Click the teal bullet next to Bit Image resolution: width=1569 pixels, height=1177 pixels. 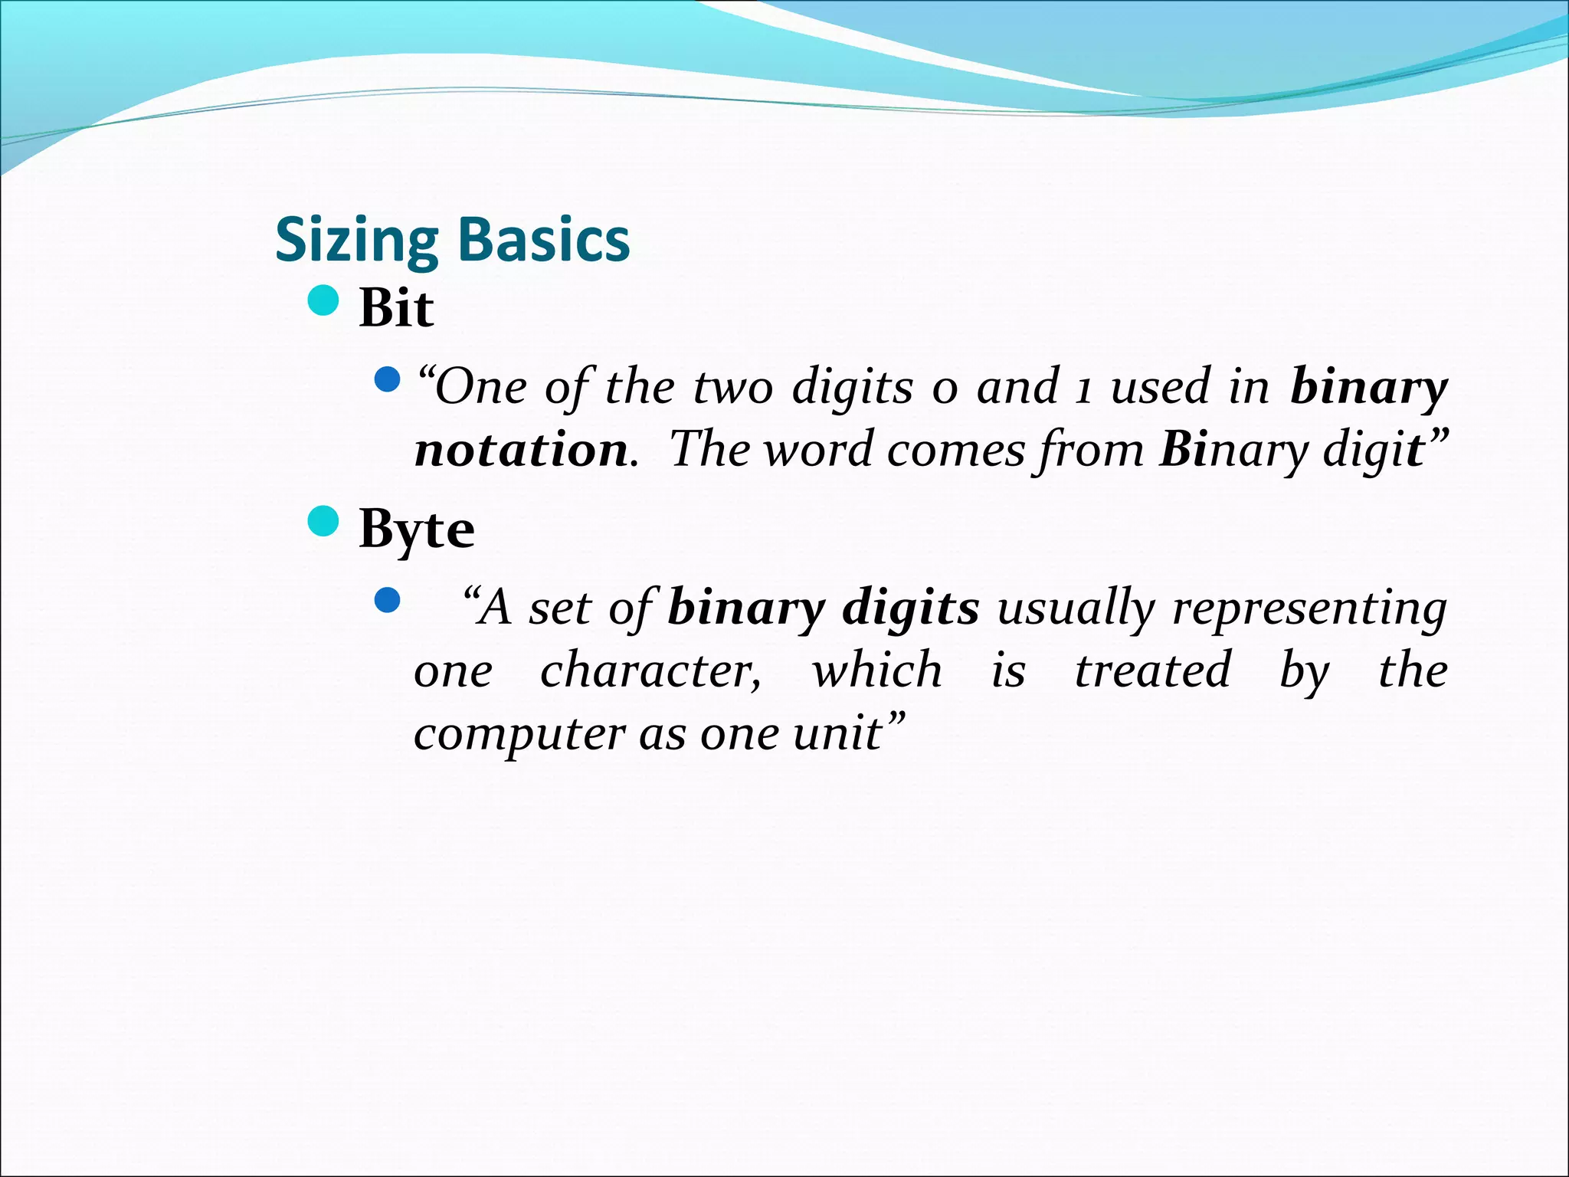coord(323,300)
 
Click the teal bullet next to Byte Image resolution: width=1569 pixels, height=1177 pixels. coord(323,522)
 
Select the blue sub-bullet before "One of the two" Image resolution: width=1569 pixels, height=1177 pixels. coord(388,379)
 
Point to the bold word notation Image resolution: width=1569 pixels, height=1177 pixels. coord(521,450)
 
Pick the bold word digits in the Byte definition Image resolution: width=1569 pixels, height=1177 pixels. coord(910,608)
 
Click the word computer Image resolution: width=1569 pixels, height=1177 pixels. coord(519,735)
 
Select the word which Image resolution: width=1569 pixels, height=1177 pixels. coord(876,670)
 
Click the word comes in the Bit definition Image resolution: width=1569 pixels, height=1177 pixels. coord(955,450)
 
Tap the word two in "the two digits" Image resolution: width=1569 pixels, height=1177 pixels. coord(733,387)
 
